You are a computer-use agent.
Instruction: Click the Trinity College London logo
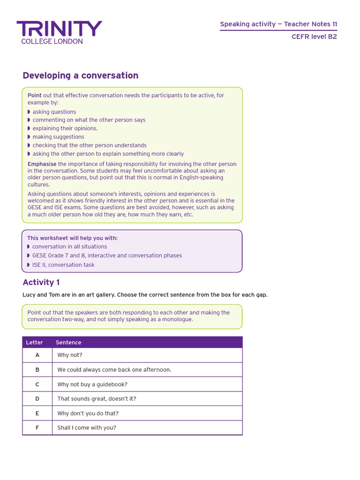click(59, 32)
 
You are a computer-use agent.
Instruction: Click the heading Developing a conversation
click(81, 75)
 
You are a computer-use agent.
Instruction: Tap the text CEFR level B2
click(314, 37)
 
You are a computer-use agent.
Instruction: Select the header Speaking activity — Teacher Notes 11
click(278, 24)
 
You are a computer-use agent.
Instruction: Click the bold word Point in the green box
click(35, 95)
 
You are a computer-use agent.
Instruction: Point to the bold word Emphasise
click(42, 164)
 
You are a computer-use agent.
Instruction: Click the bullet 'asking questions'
click(54, 112)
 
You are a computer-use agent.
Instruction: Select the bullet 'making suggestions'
click(58, 137)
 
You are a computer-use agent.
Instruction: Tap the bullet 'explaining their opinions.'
click(65, 128)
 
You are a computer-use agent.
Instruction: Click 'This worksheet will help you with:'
click(72, 238)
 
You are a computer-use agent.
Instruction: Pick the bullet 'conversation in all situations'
click(69, 247)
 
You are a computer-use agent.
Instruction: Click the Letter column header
click(34, 343)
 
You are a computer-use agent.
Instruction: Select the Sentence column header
click(68, 343)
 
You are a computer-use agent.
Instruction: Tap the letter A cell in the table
click(37, 355)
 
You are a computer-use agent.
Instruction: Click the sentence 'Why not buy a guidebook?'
click(92, 384)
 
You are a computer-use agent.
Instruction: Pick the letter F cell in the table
click(37, 427)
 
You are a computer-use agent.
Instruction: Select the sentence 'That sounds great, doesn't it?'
click(97, 399)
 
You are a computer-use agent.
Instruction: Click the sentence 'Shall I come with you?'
click(87, 427)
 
